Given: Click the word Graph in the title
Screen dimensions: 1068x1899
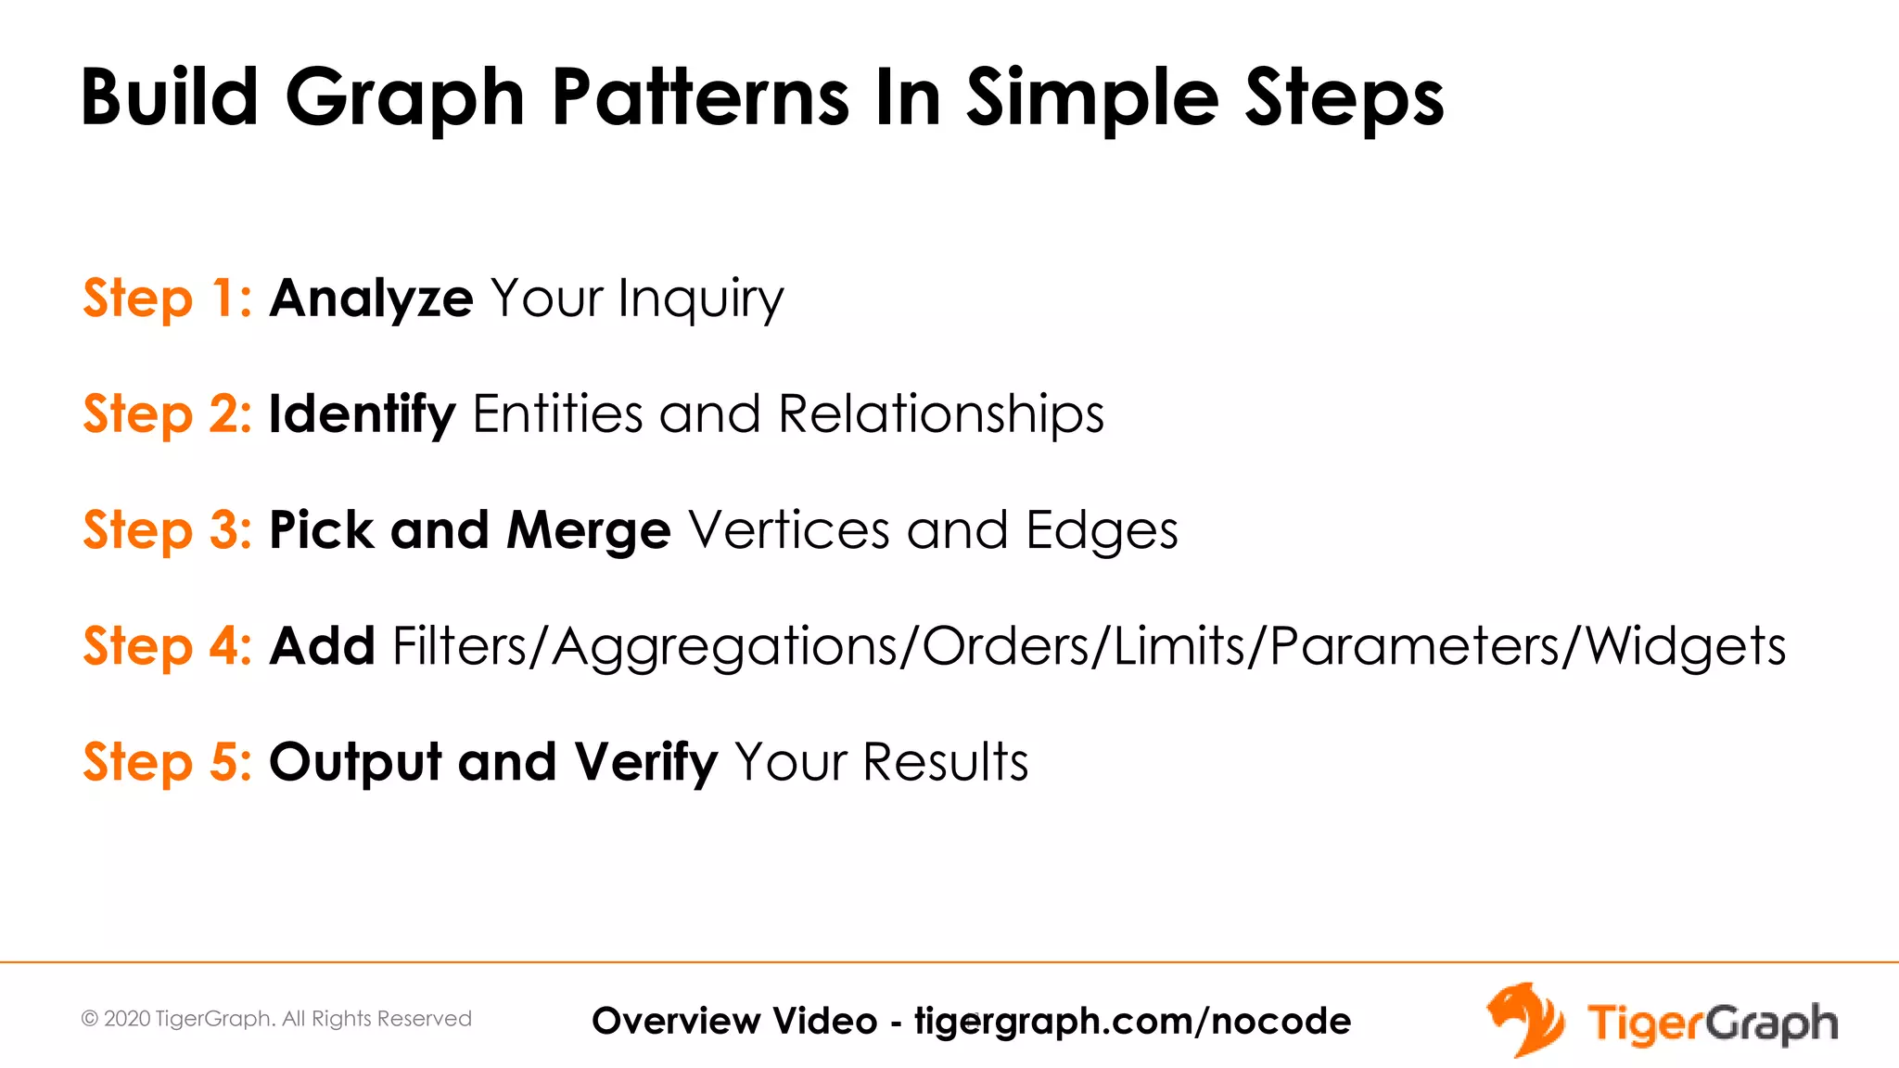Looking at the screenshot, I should (405, 98).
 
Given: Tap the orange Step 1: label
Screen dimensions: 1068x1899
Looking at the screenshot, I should (167, 299).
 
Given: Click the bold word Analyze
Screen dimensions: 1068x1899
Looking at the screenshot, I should (371, 299).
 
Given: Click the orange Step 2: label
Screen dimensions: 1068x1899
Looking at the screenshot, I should (167, 413).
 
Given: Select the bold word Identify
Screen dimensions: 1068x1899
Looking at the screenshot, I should (362, 414).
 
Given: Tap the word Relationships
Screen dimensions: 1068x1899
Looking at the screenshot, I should (940, 413).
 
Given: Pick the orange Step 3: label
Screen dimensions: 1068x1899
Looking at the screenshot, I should (167, 530).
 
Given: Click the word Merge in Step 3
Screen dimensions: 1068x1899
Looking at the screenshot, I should (588, 530).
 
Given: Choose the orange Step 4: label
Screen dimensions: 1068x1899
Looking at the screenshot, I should (167, 646).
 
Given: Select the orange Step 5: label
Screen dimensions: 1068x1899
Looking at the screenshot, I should (167, 762).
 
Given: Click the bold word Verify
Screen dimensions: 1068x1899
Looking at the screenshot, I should (645, 763).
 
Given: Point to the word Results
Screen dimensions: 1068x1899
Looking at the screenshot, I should (945, 762).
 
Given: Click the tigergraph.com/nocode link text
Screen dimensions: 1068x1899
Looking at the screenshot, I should (1132, 1021).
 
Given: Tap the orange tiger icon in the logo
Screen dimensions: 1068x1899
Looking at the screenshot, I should (1524, 1020).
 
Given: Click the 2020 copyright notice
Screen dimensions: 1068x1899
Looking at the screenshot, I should (276, 1019).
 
